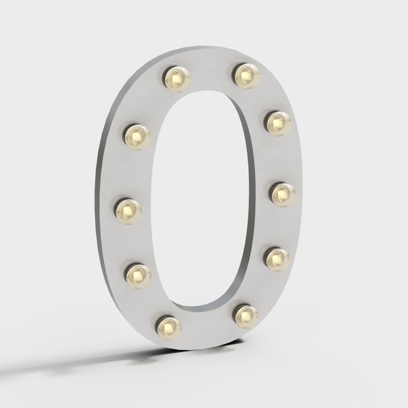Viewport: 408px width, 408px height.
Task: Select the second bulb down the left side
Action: [137, 137]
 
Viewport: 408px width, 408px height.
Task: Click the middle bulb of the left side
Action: [128, 211]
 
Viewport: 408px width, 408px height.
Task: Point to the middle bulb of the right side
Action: [283, 194]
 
